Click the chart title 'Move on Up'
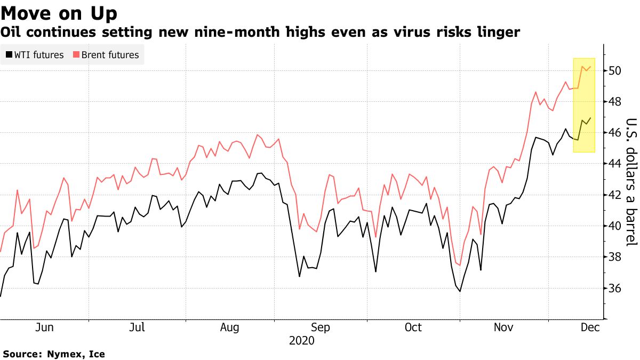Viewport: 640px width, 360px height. click(59, 12)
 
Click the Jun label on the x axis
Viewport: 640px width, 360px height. click(44, 327)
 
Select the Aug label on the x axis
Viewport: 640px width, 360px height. click(229, 327)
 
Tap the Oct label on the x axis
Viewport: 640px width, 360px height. click(413, 327)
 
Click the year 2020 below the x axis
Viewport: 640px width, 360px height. click(302, 340)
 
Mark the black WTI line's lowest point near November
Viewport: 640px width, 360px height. click(459, 291)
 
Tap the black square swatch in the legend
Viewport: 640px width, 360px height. click(9, 54)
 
